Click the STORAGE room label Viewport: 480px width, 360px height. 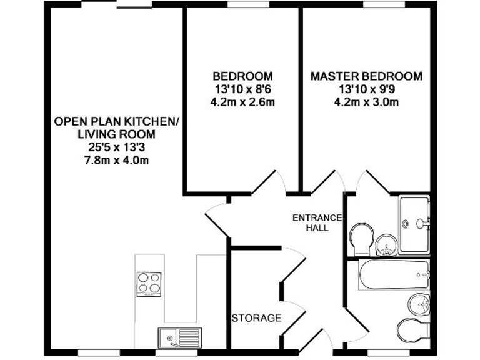[x=256, y=318]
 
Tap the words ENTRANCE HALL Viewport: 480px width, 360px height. [x=317, y=222]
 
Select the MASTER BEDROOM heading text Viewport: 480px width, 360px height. [x=366, y=76]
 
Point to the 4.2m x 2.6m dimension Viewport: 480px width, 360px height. [x=243, y=102]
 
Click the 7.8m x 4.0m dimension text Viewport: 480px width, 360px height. [x=117, y=161]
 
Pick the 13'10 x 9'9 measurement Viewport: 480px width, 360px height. [x=366, y=89]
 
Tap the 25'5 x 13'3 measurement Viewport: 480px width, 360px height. [x=117, y=147]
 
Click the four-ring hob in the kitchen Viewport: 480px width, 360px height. [x=147, y=283]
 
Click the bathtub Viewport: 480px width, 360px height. [x=394, y=274]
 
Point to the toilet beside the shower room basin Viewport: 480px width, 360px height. [x=361, y=239]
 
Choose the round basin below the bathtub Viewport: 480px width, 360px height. [x=418, y=304]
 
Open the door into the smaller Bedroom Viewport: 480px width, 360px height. [x=267, y=181]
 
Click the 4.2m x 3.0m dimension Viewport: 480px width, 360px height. [x=366, y=102]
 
